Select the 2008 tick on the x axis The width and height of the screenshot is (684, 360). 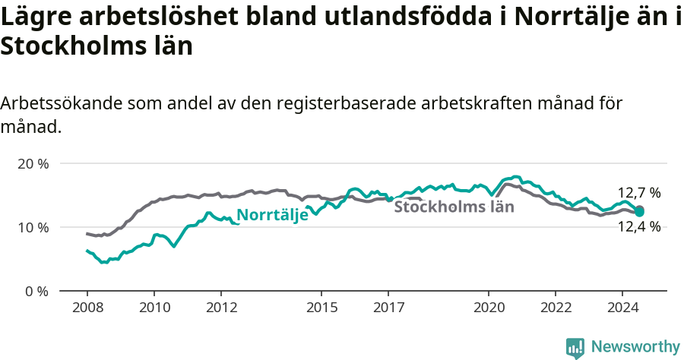coord(87,308)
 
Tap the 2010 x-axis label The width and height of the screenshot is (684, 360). coord(154,308)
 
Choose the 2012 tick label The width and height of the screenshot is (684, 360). coord(220,308)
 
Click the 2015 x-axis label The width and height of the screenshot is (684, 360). coord(321,308)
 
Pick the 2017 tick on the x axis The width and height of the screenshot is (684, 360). coord(388,308)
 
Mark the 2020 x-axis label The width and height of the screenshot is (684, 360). coord(488,308)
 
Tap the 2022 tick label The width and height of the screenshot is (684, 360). coord(555,308)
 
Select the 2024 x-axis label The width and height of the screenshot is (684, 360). coord(622,308)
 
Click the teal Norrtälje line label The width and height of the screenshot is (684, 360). coord(272,215)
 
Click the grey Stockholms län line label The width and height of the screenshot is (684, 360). coord(454,206)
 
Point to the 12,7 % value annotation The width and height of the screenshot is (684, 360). coord(638,193)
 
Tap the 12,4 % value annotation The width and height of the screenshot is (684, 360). coord(638,226)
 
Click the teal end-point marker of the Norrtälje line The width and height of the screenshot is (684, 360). coord(639,212)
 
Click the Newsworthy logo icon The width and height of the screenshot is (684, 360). coord(575,347)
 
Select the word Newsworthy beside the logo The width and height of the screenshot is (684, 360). coord(635,347)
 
